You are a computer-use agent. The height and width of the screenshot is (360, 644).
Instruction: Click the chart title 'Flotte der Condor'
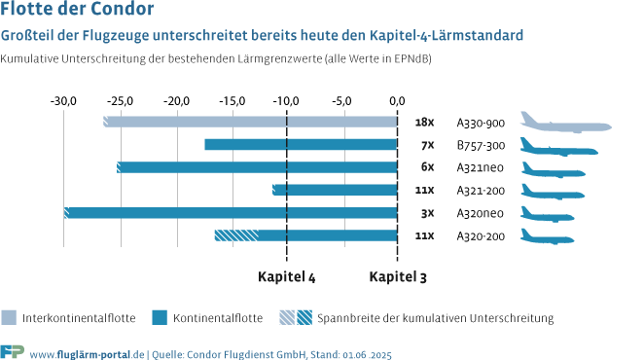77,12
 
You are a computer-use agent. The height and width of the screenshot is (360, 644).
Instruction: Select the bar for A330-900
251,123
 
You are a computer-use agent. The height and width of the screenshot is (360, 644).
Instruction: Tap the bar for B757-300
301,145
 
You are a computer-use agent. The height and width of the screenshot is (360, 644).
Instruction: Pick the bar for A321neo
258,167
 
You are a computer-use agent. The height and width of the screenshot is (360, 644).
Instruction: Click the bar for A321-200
336,190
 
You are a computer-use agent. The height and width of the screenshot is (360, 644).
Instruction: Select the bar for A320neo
232,213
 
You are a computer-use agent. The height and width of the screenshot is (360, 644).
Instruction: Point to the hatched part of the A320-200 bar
236,235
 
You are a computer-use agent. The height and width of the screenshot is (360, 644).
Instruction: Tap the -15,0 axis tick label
232,100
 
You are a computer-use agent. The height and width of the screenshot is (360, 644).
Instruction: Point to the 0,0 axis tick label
397,100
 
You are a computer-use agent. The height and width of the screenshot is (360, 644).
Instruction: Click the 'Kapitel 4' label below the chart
286,276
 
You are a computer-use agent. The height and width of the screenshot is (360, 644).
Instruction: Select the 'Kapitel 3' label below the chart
397,276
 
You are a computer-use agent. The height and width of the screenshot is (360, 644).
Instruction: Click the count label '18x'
423,123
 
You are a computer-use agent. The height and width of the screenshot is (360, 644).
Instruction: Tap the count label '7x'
426,145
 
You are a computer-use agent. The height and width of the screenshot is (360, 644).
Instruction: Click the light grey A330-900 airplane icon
565,123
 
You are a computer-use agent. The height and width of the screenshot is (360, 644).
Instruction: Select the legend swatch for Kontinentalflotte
161,317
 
